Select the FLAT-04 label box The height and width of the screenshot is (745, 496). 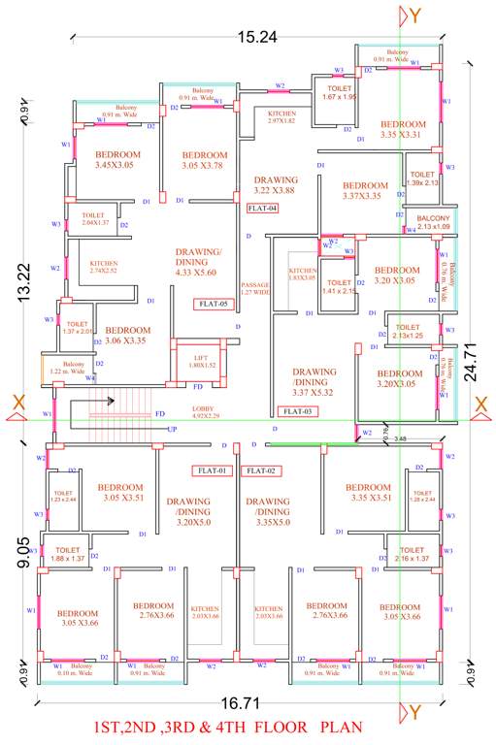262,208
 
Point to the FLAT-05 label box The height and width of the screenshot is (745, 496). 212,304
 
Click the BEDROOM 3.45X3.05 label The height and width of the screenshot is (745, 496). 117,160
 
